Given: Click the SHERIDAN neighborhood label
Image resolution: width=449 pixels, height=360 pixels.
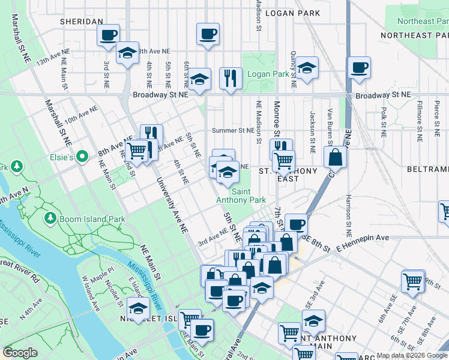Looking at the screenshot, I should (82, 22).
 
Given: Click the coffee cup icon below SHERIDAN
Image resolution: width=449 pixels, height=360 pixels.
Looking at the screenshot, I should (108, 35).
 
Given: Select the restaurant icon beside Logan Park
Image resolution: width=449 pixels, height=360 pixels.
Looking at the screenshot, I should (231, 78).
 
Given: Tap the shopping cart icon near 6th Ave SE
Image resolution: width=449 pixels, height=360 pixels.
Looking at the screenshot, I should (413, 281).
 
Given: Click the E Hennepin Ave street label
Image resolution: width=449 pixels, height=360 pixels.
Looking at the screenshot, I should (363, 238).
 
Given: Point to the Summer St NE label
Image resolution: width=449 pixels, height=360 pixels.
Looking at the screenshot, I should (233, 130).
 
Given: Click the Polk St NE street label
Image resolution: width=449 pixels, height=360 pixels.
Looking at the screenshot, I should (383, 121).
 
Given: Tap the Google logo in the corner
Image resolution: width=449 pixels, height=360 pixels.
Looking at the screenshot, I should (20, 353).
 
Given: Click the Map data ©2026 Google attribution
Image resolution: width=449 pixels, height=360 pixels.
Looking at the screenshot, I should (412, 355).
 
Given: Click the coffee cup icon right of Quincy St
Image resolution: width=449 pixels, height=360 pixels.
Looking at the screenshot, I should (360, 68).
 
